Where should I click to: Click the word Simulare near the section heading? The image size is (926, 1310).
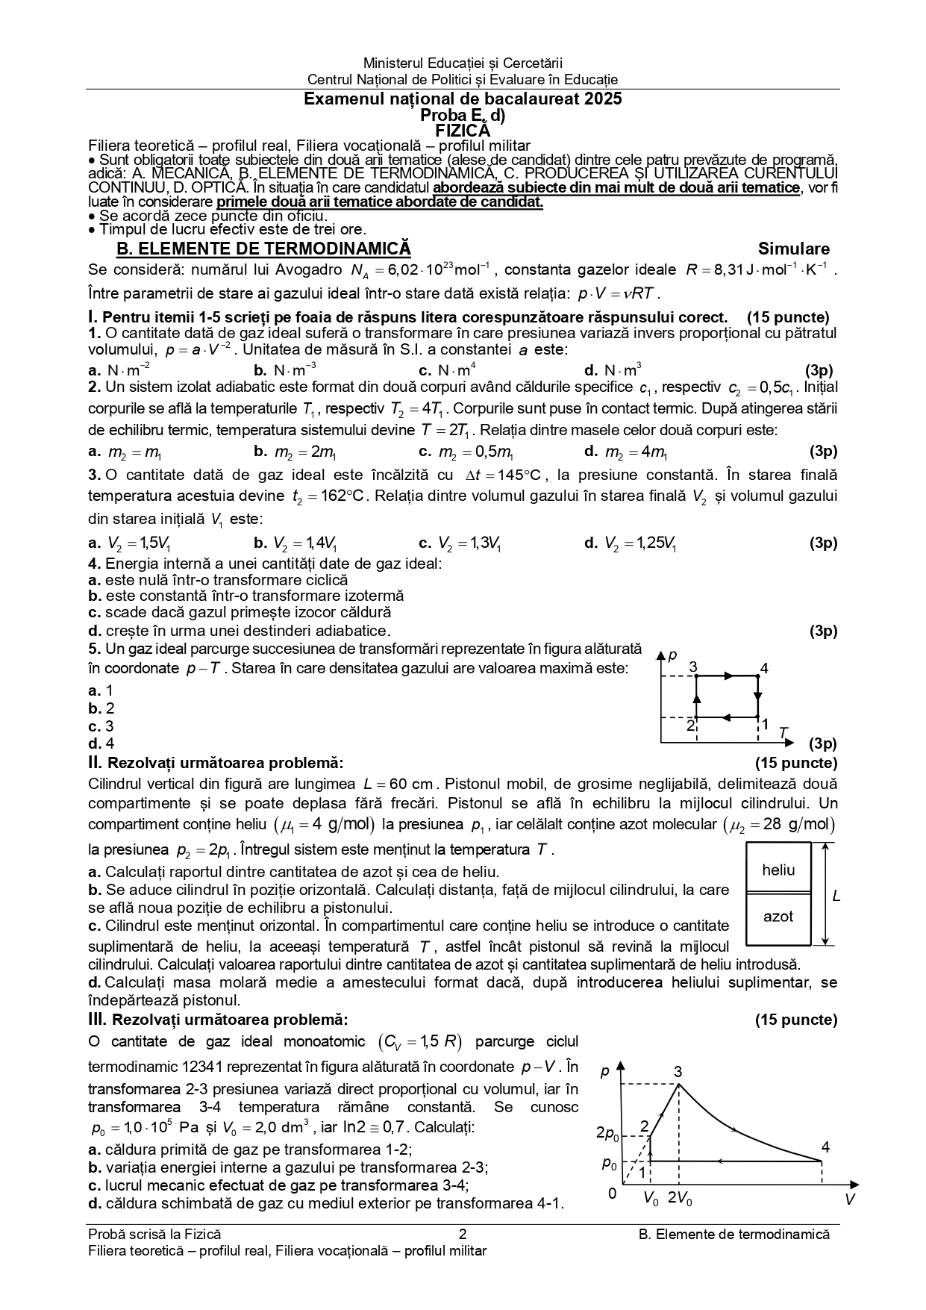(x=793, y=249)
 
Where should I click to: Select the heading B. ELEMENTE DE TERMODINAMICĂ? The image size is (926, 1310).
(x=264, y=249)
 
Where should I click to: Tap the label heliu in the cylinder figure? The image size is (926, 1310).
(x=778, y=870)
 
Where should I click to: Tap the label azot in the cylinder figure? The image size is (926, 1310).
(x=778, y=917)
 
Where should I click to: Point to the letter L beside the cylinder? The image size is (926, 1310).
(x=836, y=896)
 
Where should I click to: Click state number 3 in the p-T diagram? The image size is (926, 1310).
(x=693, y=667)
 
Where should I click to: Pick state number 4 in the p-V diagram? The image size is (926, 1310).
(x=825, y=1147)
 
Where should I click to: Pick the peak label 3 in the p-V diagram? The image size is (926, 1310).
(x=678, y=1073)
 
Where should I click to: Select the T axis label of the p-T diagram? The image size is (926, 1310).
(x=783, y=733)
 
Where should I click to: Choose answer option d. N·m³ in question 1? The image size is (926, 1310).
(x=613, y=370)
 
